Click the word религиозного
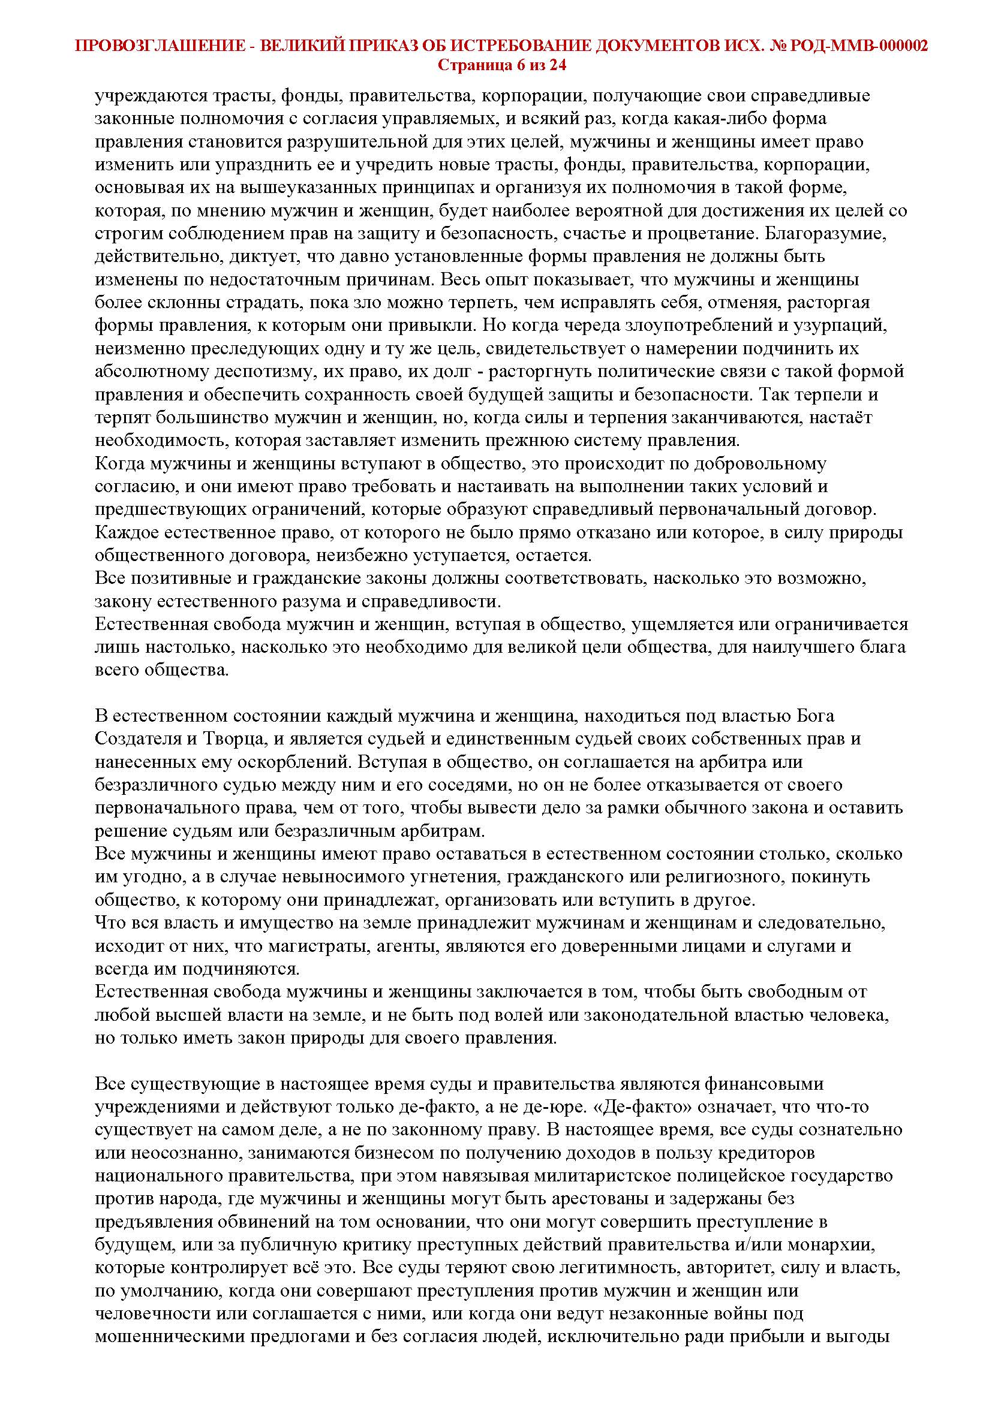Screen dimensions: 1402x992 click(698, 877)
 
